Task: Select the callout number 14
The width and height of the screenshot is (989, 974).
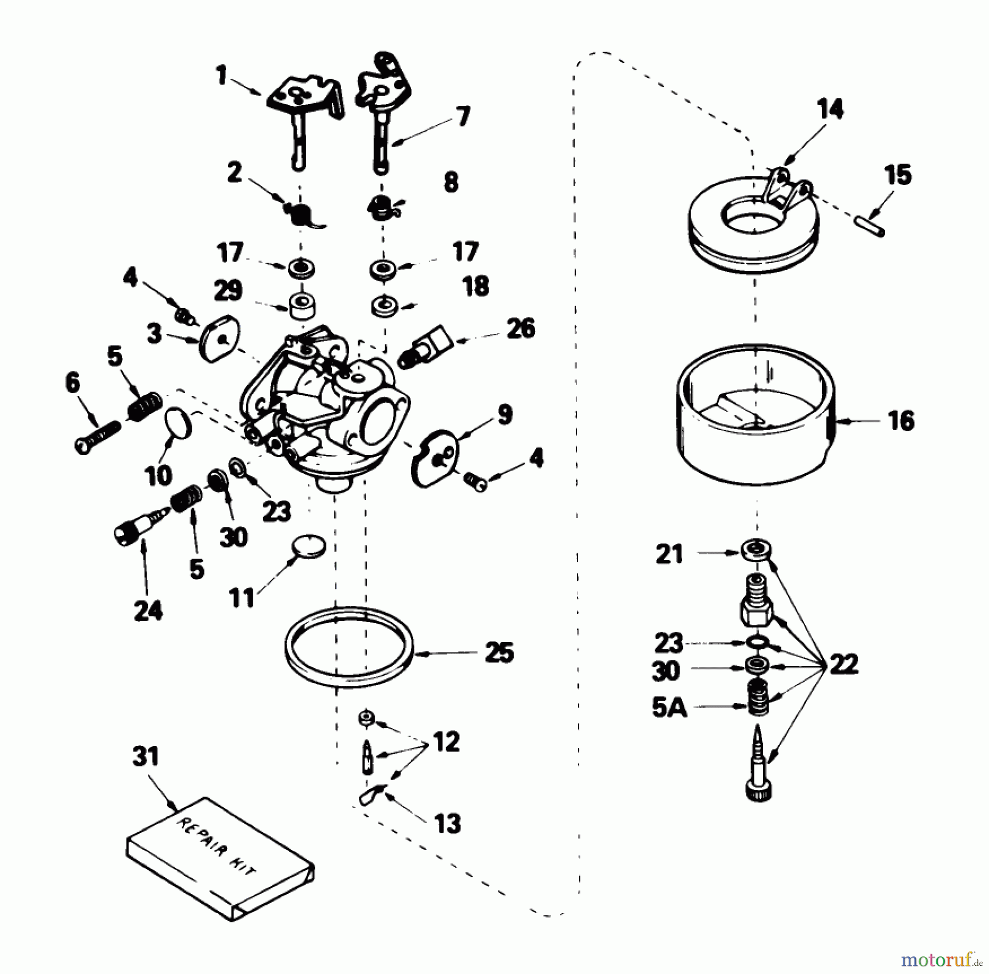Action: tap(830, 109)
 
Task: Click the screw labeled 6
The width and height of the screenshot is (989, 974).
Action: tap(97, 437)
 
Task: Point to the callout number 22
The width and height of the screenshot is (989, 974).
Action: tap(843, 665)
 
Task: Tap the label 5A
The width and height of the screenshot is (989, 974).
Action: tap(669, 709)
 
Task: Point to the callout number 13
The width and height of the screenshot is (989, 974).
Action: tap(447, 823)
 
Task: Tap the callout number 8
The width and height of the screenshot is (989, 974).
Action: tap(451, 182)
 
